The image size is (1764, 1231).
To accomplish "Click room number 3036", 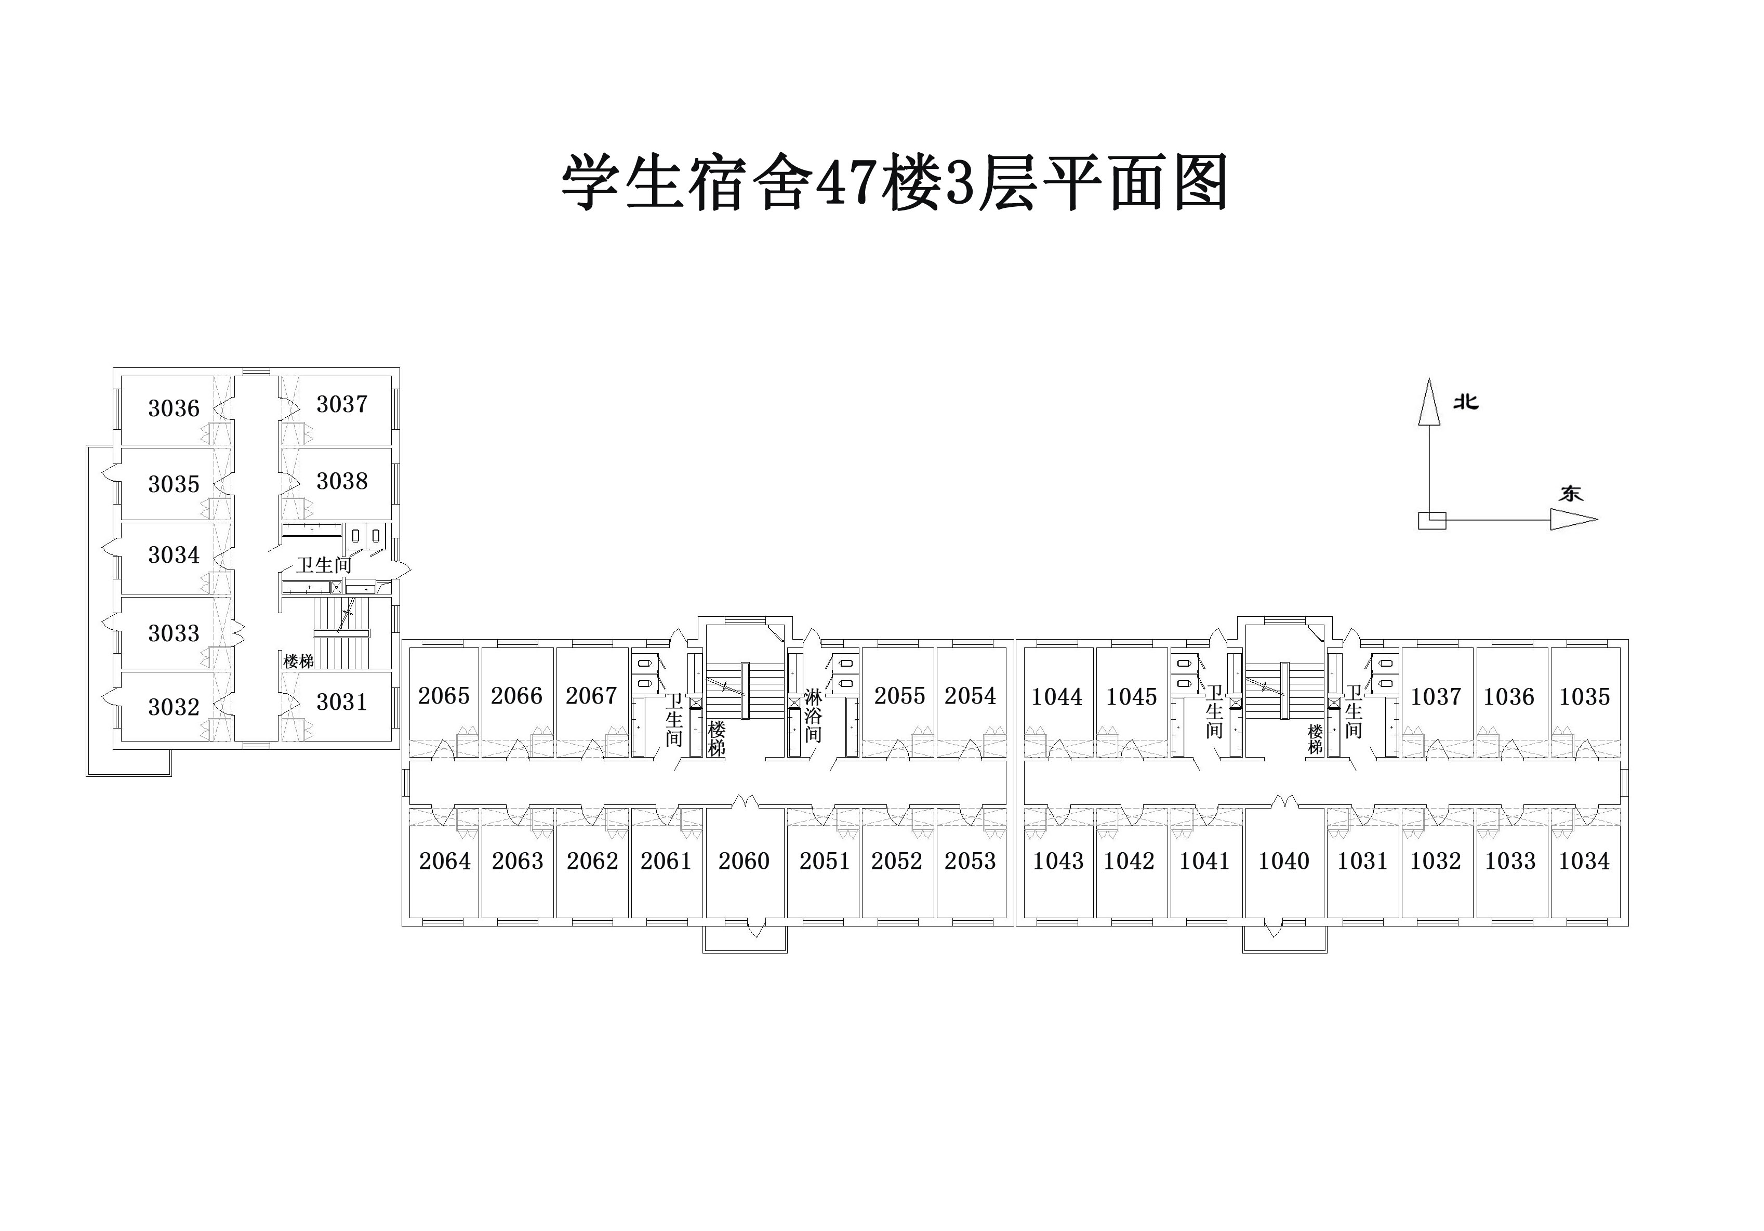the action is tap(174, 408).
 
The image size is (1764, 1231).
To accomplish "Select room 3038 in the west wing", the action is tap(342, 481).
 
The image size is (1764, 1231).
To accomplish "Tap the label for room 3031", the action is tap(342, 701).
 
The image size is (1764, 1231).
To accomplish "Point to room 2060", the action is tap(744, 861).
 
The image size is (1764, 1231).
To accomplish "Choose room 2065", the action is tap(443, 695).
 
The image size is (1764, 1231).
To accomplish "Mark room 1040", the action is tap(1283, 861).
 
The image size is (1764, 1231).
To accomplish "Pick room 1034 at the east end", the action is tap(1584, 861).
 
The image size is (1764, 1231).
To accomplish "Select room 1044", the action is tap(1056, 696).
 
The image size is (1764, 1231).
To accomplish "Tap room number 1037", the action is tap(1435, 696).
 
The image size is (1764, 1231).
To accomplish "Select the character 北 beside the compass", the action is tap(1466, 402).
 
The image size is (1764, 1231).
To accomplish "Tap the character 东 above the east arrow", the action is tap(1570, 493).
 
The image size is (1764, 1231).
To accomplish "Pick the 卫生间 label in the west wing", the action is tap(324, 565).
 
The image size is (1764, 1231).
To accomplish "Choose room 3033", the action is tap(174, 633).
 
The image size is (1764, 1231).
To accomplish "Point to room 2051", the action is tap(825, 861).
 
